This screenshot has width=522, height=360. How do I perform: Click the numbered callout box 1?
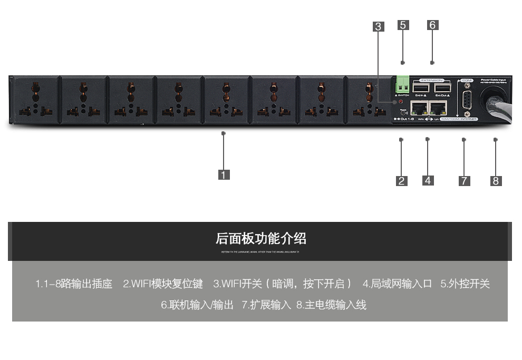point(224,174)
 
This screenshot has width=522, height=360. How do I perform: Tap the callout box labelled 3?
point(378,26)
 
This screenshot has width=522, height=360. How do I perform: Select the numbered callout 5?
point(403,25)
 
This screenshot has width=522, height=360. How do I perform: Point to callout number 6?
point(432,25)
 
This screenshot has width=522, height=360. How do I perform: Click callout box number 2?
point(402,181)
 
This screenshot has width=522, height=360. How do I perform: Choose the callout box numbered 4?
point(428,180)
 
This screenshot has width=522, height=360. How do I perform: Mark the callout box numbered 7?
point(464,181)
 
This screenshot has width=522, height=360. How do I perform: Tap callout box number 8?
point(496,181)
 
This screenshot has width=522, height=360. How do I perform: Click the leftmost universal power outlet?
point(35,99)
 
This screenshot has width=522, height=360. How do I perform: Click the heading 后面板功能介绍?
point(260,239)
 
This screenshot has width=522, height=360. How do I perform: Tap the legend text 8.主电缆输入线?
point(331,305)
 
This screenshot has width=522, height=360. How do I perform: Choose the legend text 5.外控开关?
point(465,284)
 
